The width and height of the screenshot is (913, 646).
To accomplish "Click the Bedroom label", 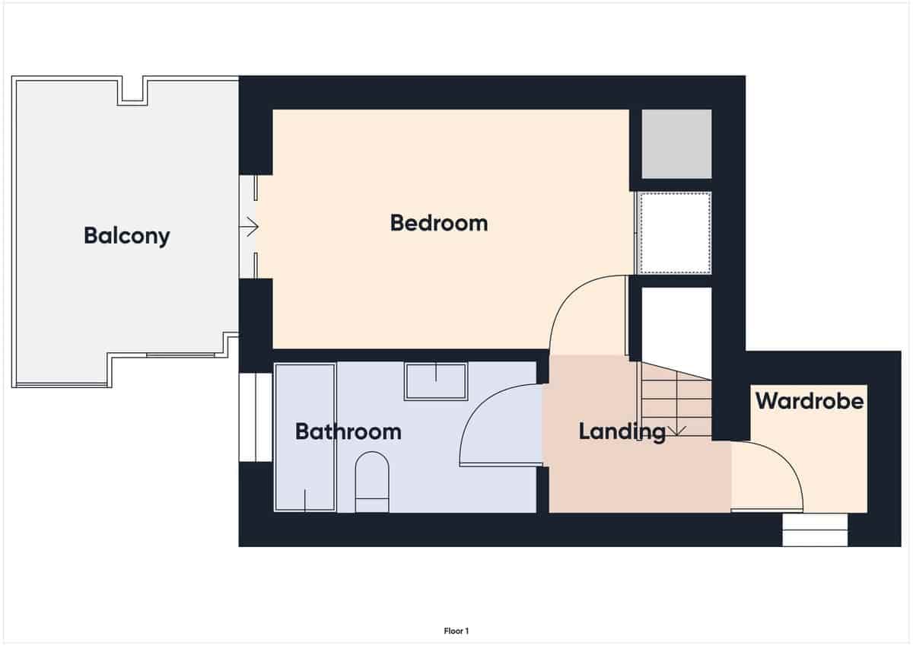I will (x=438, y=223).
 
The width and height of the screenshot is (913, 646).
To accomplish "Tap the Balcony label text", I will (x=127, y=235).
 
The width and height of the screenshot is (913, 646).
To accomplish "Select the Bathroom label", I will (x=348, y=431).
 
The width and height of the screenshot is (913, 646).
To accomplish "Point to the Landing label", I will (x=622, y=431).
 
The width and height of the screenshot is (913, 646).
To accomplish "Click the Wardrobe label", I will (x=810, y=400).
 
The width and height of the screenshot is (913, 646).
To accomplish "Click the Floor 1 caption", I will (x=456, y=631).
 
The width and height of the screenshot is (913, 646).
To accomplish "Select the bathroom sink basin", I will (x=436, y=381).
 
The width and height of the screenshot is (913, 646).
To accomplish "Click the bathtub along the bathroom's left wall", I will (x=305, y=438).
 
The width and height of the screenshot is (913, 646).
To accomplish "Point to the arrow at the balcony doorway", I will (x=250, y=227).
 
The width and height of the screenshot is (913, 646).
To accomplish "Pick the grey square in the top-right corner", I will (x=676, y=144).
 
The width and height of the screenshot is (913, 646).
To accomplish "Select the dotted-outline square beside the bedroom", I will (x=675, y=232).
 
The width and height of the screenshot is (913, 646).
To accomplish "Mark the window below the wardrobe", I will (x=815, y=530).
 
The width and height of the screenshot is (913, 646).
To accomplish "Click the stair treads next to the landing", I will (x=675, y=399).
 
